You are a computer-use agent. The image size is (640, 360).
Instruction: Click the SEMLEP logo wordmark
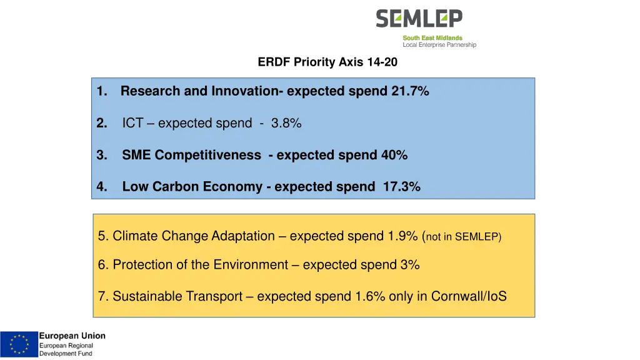point(419,19)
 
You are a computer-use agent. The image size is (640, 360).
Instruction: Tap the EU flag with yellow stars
point(19,344)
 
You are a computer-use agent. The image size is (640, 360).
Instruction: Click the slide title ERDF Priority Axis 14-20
point(327,62)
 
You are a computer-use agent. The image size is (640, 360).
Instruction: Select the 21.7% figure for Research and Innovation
point(410,91)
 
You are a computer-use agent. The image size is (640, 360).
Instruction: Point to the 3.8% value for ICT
point(286,124)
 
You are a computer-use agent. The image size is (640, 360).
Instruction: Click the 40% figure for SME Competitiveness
point(394,155)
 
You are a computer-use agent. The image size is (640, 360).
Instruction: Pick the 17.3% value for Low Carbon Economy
point(401,187)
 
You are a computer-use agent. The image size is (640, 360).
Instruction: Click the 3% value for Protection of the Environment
point(410,265)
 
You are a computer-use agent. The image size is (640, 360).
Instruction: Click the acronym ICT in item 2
point(132,124)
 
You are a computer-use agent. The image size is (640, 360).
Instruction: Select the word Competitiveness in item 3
point(208,155)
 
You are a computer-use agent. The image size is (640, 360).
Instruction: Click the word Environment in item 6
point(250,265)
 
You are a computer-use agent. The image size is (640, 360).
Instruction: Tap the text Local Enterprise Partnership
point(439,45)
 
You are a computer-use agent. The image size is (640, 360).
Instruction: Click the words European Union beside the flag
point(72,336)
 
